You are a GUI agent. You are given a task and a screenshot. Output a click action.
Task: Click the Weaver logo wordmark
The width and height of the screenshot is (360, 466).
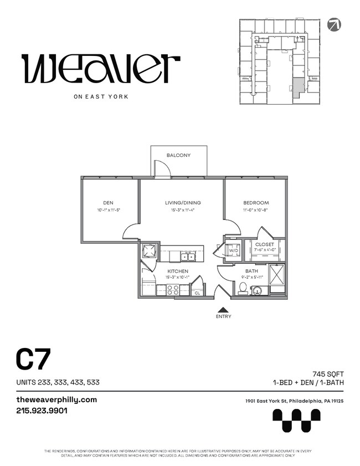[101, 69]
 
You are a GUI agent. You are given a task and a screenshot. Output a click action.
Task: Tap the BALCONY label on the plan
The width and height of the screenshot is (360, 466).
[178, 155]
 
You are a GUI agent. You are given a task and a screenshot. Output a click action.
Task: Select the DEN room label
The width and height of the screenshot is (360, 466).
[108, 203]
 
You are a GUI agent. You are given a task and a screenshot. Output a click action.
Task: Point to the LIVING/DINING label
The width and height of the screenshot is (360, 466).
[183, 203]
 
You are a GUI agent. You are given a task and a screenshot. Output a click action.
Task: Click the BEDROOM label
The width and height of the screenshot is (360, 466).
[255, 203]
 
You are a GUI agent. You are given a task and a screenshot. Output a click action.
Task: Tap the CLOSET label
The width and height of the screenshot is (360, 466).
[265, 244]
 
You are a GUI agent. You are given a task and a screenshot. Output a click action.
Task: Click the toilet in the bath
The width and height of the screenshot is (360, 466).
[242, 288]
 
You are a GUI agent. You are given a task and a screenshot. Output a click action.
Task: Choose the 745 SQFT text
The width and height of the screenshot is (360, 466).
[328, 375]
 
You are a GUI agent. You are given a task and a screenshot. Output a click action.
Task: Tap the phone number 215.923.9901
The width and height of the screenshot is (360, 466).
[42, 411]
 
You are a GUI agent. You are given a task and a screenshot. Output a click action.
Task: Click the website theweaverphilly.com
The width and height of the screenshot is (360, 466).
[56, 400]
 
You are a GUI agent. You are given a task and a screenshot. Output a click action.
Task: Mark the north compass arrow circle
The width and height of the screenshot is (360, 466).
[335, 24]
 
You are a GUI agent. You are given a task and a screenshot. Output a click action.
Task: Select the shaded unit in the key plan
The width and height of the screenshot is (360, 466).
[298, 87]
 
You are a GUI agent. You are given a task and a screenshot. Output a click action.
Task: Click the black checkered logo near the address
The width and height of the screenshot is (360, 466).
[296, 420]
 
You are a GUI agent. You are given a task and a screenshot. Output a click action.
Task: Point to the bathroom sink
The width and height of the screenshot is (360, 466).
[258, 290]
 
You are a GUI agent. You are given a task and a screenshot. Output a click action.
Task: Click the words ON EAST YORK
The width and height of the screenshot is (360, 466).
[101, 96]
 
